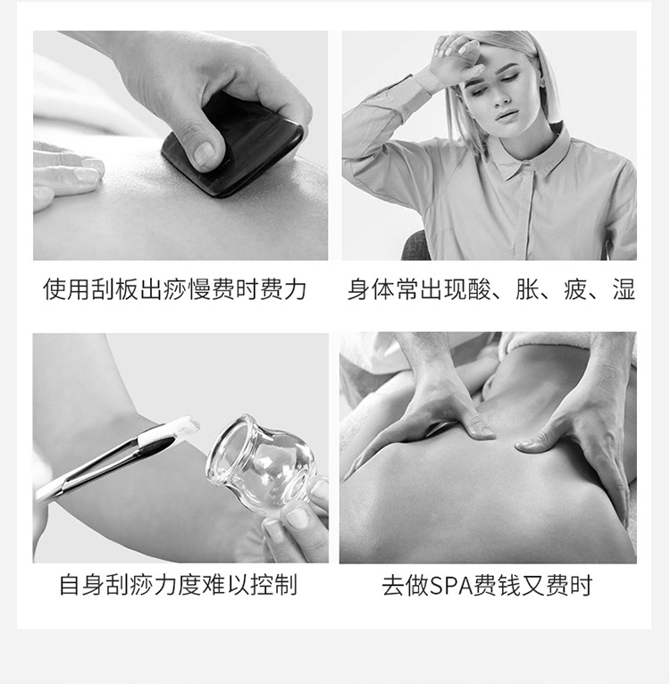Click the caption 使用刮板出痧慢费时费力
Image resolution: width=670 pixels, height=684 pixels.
tap(175, 289)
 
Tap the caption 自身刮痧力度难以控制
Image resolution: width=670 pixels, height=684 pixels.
tap(178, 586)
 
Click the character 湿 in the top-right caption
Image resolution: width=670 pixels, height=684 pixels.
tap(624, 289)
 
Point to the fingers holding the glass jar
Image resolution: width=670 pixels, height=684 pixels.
tap(299, 522)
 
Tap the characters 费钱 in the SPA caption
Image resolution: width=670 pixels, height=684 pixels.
tap(504, 586)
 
